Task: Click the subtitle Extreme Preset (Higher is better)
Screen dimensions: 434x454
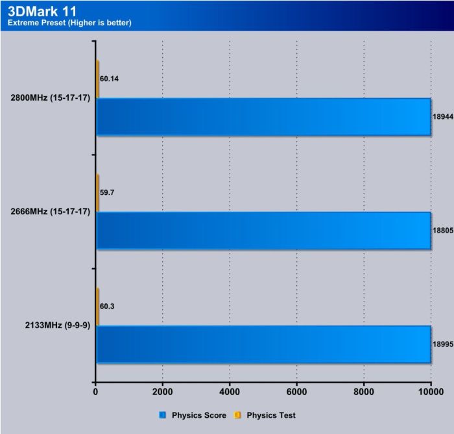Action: tap(69, 23)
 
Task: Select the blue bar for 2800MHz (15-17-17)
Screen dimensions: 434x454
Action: tap(263, 117)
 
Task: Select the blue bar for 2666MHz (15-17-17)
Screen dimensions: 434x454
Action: tap(263, 231)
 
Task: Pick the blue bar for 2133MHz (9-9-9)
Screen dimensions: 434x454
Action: tap(263, 344)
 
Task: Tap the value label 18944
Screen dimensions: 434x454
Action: tap(442, 117)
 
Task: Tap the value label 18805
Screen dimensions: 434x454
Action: tap(442, 231)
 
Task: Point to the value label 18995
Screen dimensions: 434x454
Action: tap(442, 344)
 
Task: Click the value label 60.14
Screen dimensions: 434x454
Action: tap(110, 79)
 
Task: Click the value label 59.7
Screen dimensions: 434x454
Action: tap(108, 192)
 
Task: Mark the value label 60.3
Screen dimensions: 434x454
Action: tap(108, 306)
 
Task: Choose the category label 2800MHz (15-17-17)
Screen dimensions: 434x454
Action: tap(50, 99)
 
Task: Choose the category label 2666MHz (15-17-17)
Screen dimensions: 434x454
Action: tap(50, 212)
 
